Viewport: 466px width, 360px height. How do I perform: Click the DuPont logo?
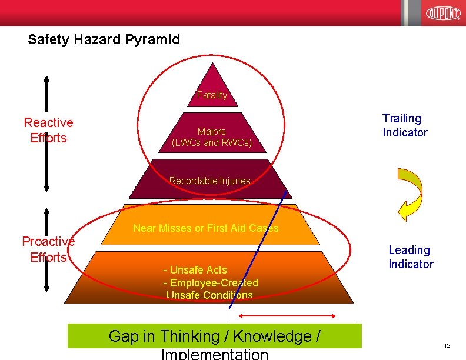point(443,13)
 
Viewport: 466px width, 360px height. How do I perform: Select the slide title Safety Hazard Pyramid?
point(104,40)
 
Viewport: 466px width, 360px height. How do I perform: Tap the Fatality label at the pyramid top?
point(212,95)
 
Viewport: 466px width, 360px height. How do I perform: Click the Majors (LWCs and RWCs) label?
point(212,137)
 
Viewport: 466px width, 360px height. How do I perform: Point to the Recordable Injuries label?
point(209,181)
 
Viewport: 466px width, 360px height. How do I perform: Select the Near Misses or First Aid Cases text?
point(205,228)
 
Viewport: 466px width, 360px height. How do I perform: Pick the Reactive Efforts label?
point(48,130)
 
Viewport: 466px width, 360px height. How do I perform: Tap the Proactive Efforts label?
point(48,249)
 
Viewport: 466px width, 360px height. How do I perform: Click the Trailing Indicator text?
point(405,125)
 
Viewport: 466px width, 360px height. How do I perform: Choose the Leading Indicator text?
point(410,257)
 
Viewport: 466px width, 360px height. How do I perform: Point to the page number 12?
point(447,345)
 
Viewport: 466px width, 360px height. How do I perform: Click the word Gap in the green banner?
point(122,336)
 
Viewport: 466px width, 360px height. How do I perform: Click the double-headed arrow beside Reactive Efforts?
point(46,134)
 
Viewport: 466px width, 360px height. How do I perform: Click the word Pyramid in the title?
point(152,40)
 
